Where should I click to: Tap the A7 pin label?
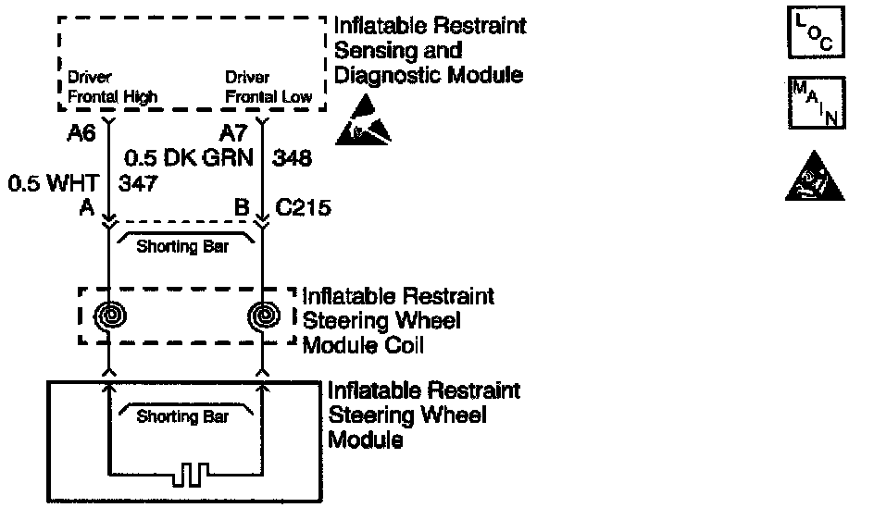232,133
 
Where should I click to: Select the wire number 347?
138,182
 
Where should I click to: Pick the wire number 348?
292,158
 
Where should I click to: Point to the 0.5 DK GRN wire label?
189,158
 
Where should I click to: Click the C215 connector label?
305,208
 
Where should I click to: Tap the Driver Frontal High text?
112,88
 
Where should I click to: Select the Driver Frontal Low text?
269,88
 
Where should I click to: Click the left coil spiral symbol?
109,316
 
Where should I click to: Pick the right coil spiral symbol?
265,316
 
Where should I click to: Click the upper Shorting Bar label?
181,247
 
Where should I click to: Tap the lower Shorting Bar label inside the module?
181,416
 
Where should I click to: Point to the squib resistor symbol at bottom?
187,475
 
